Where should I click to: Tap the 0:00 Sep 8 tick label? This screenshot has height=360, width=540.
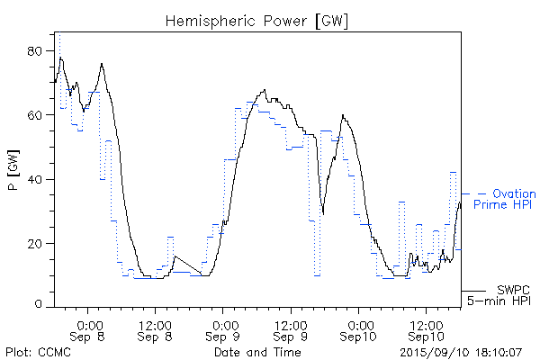click(88, 328)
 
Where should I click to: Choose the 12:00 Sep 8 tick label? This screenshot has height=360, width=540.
click(156, 328)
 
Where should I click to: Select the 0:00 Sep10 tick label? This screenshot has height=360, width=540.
click(359, 328)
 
